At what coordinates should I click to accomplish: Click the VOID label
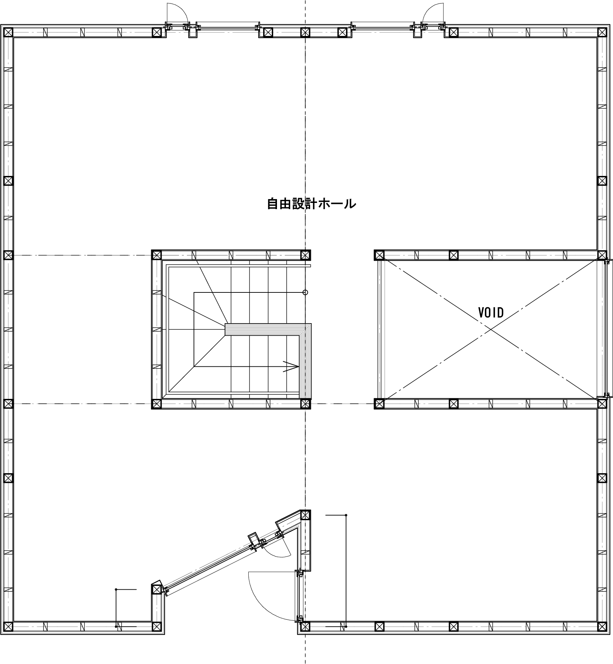pos(491,313)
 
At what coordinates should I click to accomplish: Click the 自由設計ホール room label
pos(311,204)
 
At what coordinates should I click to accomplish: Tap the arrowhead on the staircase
pos(291,366)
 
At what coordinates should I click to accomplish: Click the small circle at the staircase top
pos(305,292)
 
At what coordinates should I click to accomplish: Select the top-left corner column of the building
pos(8,32)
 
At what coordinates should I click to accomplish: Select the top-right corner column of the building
pos(602,32)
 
